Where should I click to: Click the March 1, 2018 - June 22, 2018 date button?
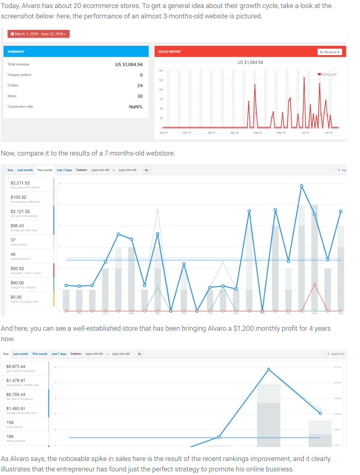click(x=39, y=34)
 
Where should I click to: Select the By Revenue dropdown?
click(x=330, y=52)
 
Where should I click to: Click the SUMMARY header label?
click(x=16, y=52)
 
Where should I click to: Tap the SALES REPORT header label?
click(x=170, y=52)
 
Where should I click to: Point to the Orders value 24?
click(x=140, y=86)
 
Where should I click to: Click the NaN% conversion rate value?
click(x=136, y=107)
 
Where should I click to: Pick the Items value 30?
click(x=140, y=96)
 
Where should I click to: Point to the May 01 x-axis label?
click(x=258, y=132)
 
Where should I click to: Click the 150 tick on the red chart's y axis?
click(x=160, y=71)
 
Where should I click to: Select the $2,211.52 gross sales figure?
click(x=20, y=183)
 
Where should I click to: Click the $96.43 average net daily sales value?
click(x=17, y=226)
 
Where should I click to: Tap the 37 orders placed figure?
click(x=13, y=240)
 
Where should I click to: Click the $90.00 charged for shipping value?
click(x=17, y=283)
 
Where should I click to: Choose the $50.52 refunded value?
click(x=17, y=269)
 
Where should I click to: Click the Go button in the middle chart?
click(x=146, y=170)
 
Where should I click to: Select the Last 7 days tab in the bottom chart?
click(x=59, y=354)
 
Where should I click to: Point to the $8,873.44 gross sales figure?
click(x=16, y=366)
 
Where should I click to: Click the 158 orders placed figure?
click(x=10, y=422)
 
